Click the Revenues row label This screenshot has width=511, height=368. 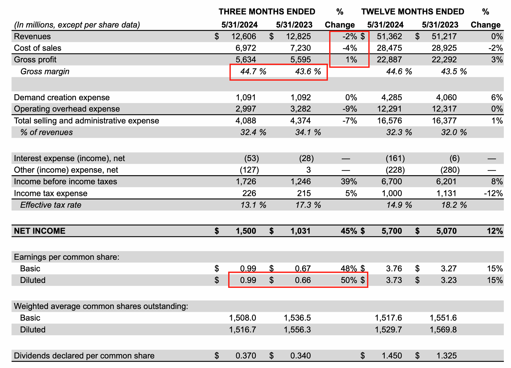(x=32, y=36)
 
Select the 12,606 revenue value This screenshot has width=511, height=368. (x=244, y=36)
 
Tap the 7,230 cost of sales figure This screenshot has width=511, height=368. (x=300, y=48)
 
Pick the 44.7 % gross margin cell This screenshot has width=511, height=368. (x=253, y=71)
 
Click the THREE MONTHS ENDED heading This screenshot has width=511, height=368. (x=267, y=12)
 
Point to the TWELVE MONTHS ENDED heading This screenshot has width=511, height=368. (x=413, y=12)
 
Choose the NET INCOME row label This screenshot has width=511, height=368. (x=40, y=231)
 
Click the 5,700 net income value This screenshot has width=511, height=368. (x=392, y=231)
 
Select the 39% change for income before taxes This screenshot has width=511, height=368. (x=349, y=182)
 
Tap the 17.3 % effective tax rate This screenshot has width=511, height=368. (x=308, y=205)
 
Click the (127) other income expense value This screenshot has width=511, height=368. (x=249, y=170)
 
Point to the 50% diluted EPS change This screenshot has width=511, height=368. (x=349, y=280)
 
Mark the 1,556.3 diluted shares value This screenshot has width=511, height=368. (x=297, y=330)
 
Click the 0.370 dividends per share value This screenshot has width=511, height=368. (x=246, y=356)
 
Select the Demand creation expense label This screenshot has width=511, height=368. (x=62, y=97)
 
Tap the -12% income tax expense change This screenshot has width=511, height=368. (x=493, y=193)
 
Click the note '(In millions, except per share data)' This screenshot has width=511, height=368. (x=77, y=25)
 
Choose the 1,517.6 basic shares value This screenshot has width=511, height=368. (x=388, y=318)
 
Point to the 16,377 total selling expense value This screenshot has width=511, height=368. (x=444, y=121)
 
